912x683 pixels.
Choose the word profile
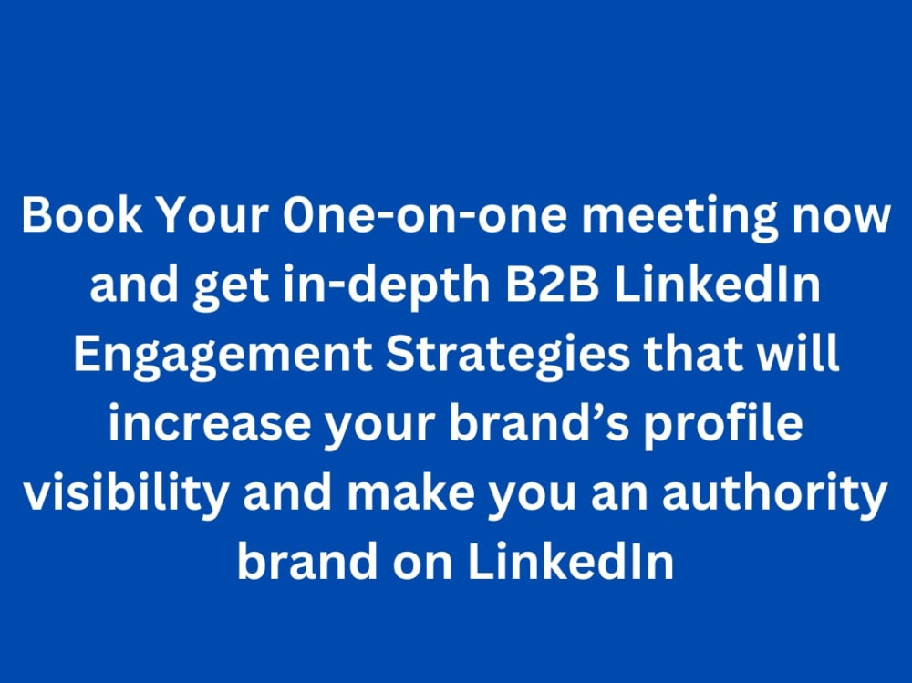720,426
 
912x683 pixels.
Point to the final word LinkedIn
572,563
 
